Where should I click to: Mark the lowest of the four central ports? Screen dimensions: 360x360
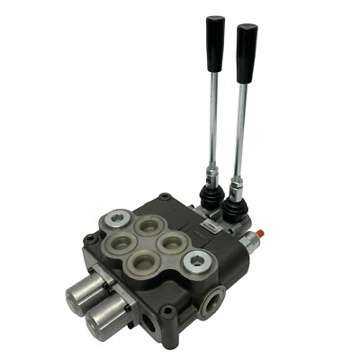click(140, 262)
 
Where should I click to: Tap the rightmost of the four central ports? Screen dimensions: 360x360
click(170, 243)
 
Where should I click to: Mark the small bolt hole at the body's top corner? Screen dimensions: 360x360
click(165, 198)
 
